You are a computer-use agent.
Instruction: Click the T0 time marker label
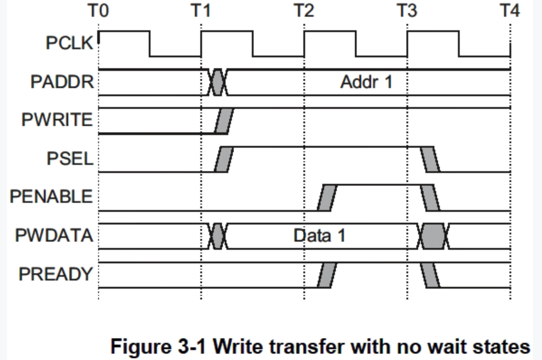(x=98, y=10)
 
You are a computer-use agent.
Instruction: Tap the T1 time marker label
(x=201, y=10)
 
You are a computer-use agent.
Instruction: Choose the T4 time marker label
(x=509, y=10)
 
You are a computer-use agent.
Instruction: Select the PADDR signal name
(x=62, y=82)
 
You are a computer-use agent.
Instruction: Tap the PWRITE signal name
(x=57, y=120)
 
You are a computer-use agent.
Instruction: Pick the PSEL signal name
(x=70, y=159)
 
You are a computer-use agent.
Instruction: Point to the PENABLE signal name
(x=51, y=197)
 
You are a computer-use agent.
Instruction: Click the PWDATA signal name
(x=54, y=236)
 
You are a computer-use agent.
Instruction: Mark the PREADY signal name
(x=56, y=274)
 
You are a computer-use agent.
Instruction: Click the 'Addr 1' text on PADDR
(x=366, y=82)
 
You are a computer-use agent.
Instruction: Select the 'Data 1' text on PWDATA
(x=319, y=236)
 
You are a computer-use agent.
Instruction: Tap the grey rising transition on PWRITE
(x=223, y=121)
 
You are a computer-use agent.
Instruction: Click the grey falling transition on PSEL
(x=430, y=159)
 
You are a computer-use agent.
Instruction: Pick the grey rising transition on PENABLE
(x=327, y=197)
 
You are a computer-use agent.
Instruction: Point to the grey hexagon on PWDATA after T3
(x=434, y=236)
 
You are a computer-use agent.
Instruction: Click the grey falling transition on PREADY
(x=430, y=275)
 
